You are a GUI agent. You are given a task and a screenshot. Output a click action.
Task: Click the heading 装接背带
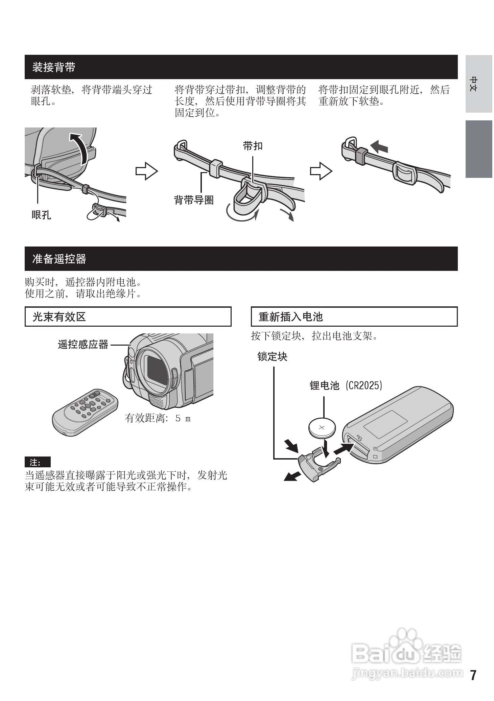(x=54, y=67)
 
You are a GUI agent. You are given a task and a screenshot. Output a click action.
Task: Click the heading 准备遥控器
(x=59, y=259)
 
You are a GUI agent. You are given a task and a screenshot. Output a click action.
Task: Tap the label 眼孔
(x=41, y=215)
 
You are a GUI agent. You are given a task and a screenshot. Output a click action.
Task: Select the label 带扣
(x=253, y=146)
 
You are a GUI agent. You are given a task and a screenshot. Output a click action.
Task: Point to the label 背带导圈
(x=194, y=200)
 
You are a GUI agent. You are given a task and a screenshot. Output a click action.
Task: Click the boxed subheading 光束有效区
(x=59, y=317)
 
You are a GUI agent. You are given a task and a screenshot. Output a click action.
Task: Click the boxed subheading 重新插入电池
(x=290, y=317)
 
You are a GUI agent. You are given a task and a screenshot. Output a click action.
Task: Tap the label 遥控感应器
(x=83, y=345)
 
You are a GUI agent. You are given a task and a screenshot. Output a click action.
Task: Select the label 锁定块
(x=272, y=357)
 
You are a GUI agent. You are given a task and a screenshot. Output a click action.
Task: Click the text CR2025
(x=364, y=385)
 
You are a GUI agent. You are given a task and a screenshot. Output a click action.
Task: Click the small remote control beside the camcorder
(x=85, y=411)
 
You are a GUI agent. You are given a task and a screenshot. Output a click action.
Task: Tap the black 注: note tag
(x=38, y=462)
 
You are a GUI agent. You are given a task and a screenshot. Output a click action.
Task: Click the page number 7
(x=473, y=675)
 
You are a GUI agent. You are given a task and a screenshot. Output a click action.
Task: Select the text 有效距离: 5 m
(x=158, y=419)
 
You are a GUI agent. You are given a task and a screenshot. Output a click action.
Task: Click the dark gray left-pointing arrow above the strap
(x=379, y=147)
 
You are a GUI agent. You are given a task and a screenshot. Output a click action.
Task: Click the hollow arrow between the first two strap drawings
(x=146, y=171)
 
